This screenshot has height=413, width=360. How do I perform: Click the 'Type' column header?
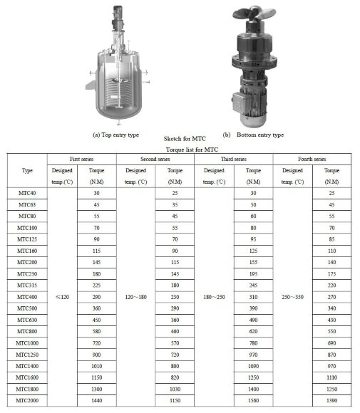click(27, 171)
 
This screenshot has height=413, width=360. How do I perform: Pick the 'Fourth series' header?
click(312, 160)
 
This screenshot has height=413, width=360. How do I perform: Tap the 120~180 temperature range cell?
click(135, 296)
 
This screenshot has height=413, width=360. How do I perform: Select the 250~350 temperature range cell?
click(292, 296)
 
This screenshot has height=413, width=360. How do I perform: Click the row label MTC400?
click(27, 296)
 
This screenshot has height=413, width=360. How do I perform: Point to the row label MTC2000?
click(27, 402)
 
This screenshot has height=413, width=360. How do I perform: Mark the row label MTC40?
click(27, 193)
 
